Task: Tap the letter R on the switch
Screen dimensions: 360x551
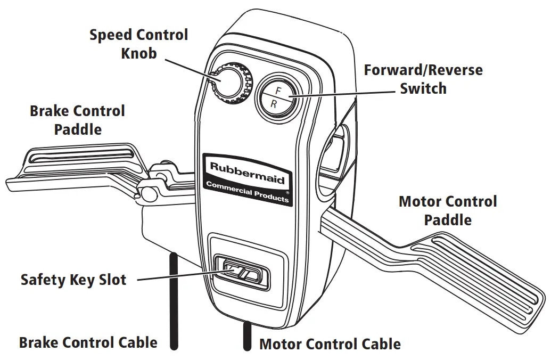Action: (x=274, y=104)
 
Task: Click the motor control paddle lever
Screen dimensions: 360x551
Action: (x=437, y=256)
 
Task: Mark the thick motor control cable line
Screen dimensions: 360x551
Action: (x=247, y=336)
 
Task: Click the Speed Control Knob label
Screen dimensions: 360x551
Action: (x=138, y=44)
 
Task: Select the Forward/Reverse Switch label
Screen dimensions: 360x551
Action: (x=423, y=79)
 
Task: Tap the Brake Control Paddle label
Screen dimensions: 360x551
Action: (x=78, y=120)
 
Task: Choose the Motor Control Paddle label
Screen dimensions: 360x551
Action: (x=448, y=210)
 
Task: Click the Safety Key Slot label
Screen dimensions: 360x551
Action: (x=73, y=279)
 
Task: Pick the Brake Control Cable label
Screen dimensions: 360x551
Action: (x=88, y=342)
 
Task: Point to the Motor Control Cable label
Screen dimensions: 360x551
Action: (x=330, y=344)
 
